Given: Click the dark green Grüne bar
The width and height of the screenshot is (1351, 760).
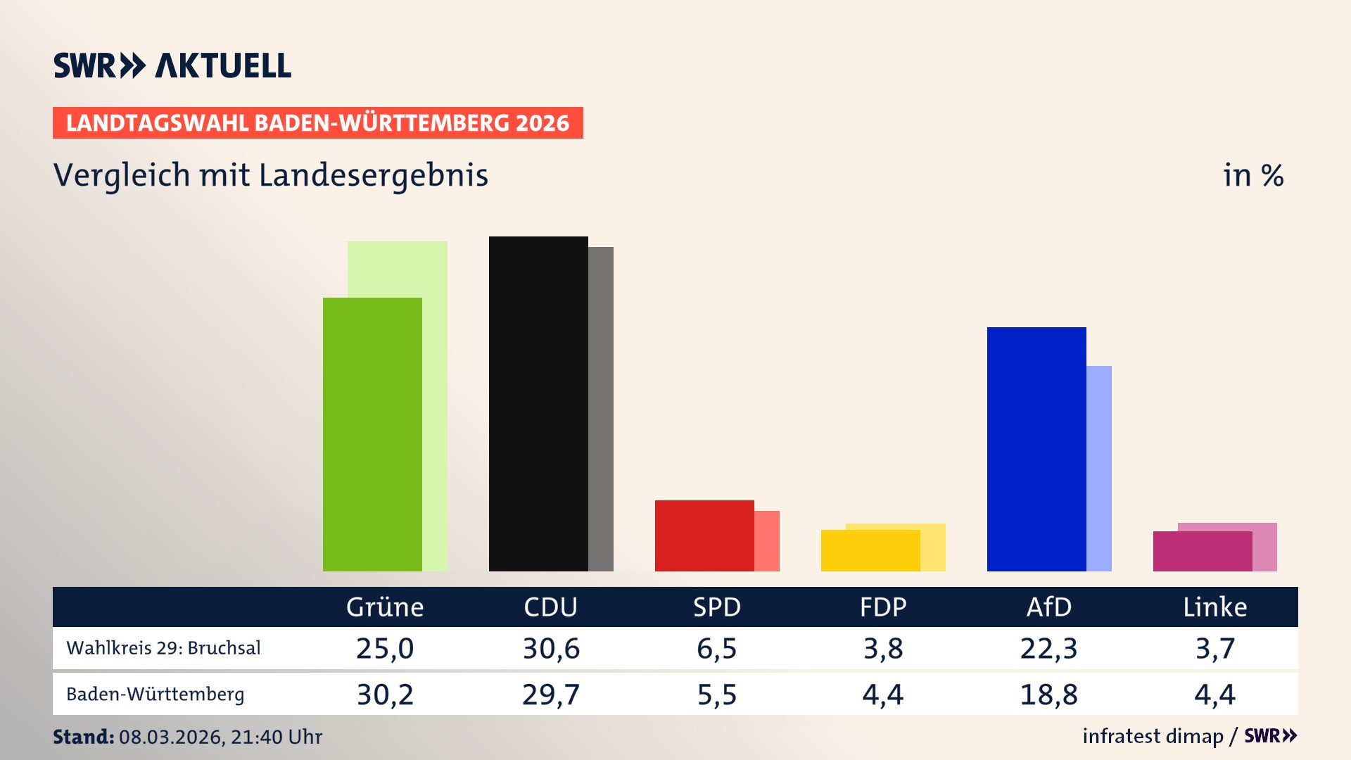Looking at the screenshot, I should tap(372, 434).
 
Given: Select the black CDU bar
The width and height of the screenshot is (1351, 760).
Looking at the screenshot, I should tap(538, 404).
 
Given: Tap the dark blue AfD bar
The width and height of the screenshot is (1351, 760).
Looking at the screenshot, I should tap(1036, 449).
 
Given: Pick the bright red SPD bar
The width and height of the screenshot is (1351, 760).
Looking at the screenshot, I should tap(704, 536).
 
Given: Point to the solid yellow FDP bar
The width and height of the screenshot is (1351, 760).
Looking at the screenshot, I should tap(870, 550).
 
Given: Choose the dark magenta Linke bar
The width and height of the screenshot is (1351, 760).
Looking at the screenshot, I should tap(1203, 551).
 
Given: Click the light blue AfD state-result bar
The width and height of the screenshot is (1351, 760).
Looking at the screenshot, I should tap(1099, 468).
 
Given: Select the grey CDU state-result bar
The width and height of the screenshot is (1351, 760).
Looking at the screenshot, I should tap(601, 409).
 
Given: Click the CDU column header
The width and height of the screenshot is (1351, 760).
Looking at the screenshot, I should tap(550, 607).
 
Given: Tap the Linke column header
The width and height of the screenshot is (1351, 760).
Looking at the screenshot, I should tap(1214, 607).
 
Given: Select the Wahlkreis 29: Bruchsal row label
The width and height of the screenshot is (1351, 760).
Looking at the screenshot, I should tap(163, 648).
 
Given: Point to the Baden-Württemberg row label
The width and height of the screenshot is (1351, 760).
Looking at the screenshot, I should tap(155, 695).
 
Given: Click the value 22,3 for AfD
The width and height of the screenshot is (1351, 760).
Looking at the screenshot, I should tap(1048, 648).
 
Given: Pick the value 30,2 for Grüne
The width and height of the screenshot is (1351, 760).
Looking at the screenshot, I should tap(385, 695).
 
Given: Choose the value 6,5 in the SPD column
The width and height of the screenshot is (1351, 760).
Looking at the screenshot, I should tap(716, 648).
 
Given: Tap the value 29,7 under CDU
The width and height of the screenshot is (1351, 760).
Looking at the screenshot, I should tap(550, 695).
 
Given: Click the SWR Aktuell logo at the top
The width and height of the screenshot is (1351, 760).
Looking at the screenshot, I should tap(172, 65).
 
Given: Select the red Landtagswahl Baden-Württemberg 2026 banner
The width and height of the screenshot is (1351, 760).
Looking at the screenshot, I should tap(317, 123).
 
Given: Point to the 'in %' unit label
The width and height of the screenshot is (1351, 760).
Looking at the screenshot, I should tap(1253, 175).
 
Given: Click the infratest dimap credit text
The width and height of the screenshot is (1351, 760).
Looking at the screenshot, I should tap(1153, 736).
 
